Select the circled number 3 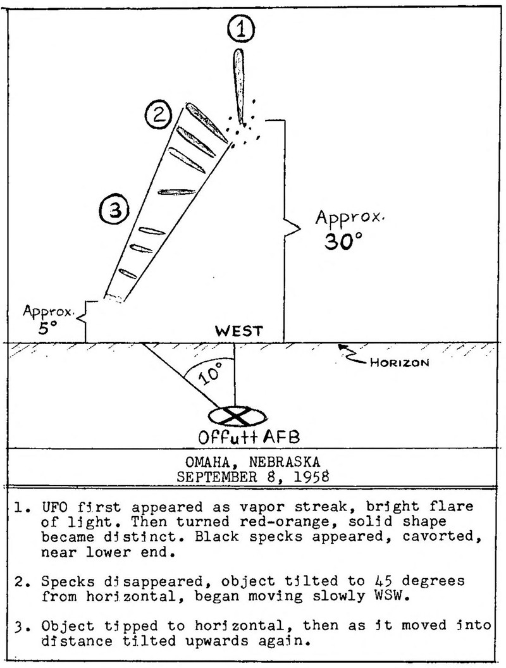click(x=114, y=210)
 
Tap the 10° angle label click(x=210, y=373)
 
